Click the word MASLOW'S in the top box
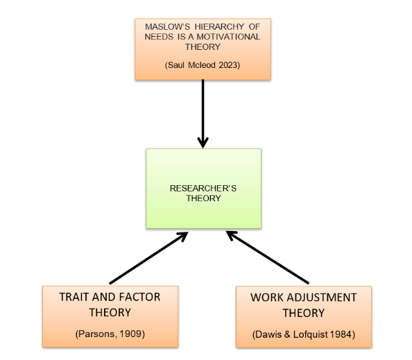coord(167,27)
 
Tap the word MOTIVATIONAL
coord(228,37)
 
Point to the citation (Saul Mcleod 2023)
coord(203,65)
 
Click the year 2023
coord(228,65)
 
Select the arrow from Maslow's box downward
coord(203,114)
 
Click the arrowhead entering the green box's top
coord(203,143)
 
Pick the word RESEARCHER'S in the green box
coord(203,189)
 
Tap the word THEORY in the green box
coord(203,198)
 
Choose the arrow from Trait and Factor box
coord(148,258)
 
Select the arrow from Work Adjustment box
coord(268,257)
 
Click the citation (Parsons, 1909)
coord(110,334)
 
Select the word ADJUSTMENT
coord(322,298)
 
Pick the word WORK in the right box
coord(267,298)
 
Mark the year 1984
coord(341,334)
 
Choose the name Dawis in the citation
coord(268,334)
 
